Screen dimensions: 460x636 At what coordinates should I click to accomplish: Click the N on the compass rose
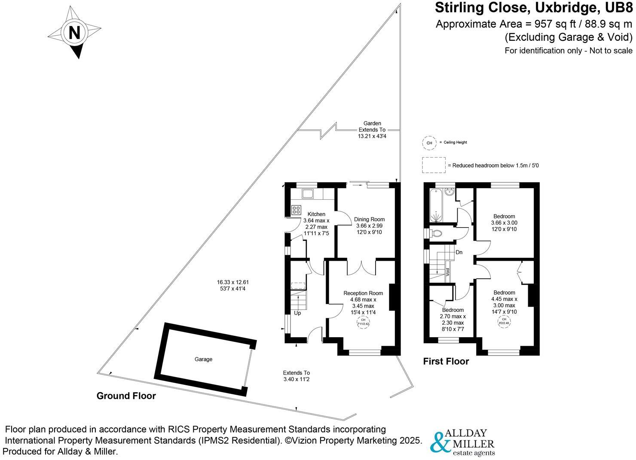click(x=74, y=33)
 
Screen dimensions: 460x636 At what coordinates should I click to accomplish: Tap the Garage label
click(x=203, y=359)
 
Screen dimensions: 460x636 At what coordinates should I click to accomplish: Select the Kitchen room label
click(x=316, y=214)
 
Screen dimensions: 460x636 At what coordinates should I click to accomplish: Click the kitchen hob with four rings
click(x=297, y=210)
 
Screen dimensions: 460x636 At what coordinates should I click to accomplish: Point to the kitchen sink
click(x=308, y=194)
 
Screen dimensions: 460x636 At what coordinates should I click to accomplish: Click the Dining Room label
click(x=369, y=219)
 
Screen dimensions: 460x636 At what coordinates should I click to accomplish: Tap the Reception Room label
click(x=363, y=293)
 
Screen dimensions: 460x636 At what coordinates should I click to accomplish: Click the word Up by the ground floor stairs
click(x=297, y=313)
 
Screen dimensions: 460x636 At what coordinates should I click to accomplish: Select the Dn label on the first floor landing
click(x=459, y=252)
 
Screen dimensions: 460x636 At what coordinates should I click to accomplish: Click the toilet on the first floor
click(x=437, y=233)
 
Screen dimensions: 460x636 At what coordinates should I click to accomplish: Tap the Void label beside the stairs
click(x=447, y=271)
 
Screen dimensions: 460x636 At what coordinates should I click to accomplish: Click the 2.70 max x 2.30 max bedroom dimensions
click(x=453, y=320)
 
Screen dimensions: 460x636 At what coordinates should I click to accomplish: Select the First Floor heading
click(x=446, y=361)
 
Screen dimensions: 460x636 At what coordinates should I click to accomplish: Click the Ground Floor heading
click(x=126, y=396)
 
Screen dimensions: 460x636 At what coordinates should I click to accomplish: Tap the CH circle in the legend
click(x=429, y=143)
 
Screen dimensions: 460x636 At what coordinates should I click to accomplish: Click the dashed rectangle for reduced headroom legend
click(x=434, y=165)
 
